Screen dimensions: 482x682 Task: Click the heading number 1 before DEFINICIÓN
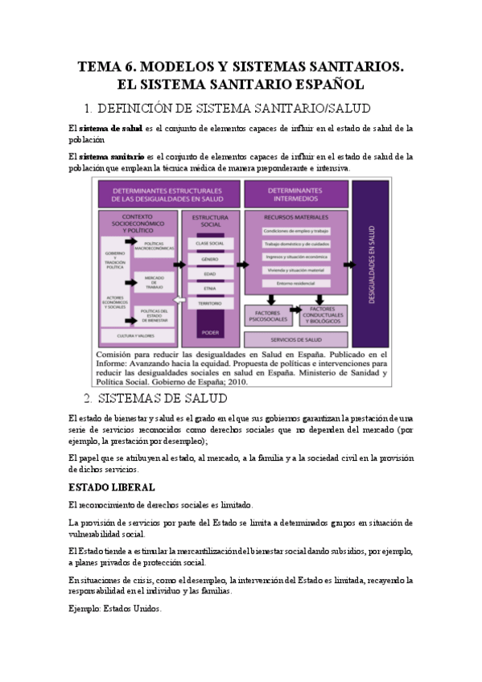click(88, 108)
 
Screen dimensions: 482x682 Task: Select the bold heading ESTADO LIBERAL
click(112, 488)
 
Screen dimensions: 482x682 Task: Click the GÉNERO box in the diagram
click(210, 260)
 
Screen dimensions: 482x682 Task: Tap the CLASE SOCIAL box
click(210, 243)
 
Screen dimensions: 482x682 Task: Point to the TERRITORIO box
click(210, 303)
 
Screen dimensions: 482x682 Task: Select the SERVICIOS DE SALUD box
click(295, 340)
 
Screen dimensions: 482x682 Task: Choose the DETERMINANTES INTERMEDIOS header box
click(295, 193)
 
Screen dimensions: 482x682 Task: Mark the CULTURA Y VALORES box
click(135, 335)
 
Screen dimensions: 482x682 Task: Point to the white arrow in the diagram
click(179, 302)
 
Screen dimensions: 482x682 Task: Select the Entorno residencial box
click(295, 282)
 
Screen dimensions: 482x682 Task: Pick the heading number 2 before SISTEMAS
click(89, 398)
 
